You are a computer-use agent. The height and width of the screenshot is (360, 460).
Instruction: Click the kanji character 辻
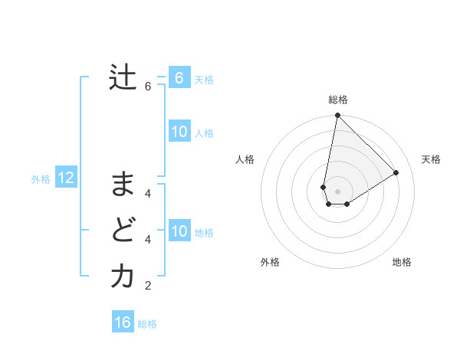pos(123,77)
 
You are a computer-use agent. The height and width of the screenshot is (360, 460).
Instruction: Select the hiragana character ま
pos(123,185)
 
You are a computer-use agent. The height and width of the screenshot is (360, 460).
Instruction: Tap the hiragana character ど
pos(123,230)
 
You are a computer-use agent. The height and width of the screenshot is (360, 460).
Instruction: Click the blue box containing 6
pos(179,77)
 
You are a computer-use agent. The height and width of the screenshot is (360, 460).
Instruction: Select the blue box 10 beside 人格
pos(179,132)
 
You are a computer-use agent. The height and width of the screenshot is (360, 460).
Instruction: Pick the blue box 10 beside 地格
pos(179,231)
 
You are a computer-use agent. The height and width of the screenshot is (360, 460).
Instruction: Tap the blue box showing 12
pos(66,178)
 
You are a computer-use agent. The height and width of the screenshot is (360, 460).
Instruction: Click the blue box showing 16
pos(123,322)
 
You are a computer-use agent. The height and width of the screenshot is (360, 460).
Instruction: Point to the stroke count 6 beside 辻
pos(148,87)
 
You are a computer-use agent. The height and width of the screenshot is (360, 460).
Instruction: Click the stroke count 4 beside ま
pos(148,193)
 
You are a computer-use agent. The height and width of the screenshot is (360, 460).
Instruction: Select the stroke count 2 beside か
pos(148,286)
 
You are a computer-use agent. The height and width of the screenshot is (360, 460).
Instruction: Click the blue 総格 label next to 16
pos(147,324)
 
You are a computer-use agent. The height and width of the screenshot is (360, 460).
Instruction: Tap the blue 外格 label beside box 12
pos(41,179)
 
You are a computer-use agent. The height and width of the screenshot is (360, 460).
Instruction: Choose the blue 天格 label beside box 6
pos(204,79)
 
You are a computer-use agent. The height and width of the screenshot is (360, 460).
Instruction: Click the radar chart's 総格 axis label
pos(338,100)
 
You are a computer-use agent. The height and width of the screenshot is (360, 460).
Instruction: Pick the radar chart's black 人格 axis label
pos(245,159)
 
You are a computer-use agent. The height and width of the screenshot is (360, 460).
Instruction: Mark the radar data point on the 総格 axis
pos(337,116)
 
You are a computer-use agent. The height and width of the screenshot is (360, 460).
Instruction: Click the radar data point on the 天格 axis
pos(396,172)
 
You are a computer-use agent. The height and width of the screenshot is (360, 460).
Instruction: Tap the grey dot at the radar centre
pos(337,191)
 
